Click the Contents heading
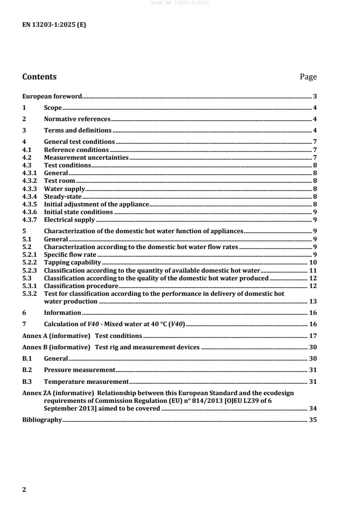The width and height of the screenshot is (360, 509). pyautogui.click(x=39, y=77)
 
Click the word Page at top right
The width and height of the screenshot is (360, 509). pyautogui.click(x=308, y=77)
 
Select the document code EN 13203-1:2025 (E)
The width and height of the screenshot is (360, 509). pyautogui.click(x=54, y=25)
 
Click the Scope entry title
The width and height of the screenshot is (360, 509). pyautogui.click(x=53, y=108)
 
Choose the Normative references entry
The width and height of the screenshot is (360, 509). pyautogui.click(x=77, y=119)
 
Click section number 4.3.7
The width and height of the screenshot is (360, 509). pyautogui.click(x=30, y=220)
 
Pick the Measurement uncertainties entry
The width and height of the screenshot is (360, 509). pyautogui.click(x=86, y=157)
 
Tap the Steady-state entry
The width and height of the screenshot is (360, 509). pyautogui.click(x=63, y=196)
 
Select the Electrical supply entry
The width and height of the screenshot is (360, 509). pyautogui.click(x=69, y=220)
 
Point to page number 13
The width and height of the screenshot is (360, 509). pyautogui.click(x=313, y=301)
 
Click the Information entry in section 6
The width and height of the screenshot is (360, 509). pyautogui.click(x=62, y=313)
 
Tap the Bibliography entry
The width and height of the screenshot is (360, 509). pyautogui.click(x=42, y=420)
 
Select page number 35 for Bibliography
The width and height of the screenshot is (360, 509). pyautogui.click(x=313, y=420)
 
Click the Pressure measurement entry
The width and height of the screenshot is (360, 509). pyautogui.click(x=79, y=370)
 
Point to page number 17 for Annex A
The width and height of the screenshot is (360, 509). pyautogui.click(x=313, y=336)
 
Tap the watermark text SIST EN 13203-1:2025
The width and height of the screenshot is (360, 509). pyautogui.click(x=180, y=3)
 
